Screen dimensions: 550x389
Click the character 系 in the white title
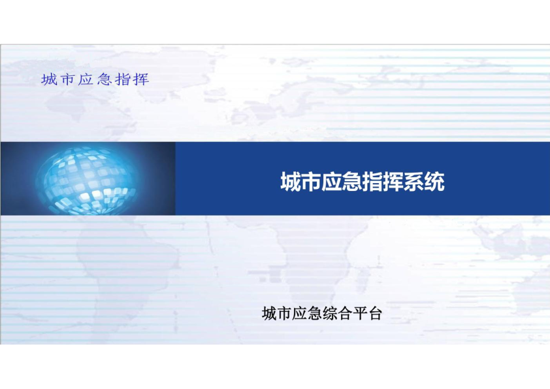413,182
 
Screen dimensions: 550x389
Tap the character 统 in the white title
434,182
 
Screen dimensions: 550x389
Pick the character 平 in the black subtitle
360,314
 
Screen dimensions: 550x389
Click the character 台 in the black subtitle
375,314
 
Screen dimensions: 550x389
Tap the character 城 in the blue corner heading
49,79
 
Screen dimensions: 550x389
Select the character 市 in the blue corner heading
67,79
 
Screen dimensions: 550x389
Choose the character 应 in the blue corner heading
86,79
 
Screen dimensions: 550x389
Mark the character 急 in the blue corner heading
104,79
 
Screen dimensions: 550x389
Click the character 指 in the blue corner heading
122,79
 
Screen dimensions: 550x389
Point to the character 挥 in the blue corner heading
141,79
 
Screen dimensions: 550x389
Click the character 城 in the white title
291,182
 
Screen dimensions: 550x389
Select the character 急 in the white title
352,182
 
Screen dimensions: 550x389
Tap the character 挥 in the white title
393,182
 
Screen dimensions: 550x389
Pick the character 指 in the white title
372,182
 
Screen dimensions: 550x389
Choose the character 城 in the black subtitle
269,314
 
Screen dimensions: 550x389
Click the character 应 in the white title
332,182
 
